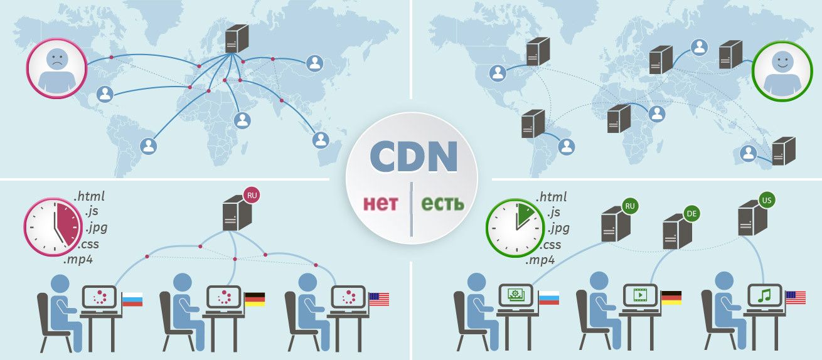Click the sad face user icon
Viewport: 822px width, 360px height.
[x=57, y=68]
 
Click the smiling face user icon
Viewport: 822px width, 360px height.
[x=782, y=71]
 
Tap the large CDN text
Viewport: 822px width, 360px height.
[x=414, y=157]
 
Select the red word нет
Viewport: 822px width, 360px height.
[x=380, y=203]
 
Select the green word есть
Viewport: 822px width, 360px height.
[x=442, y=203]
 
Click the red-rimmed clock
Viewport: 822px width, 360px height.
[x=53, y=227]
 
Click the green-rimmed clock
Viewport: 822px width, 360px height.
[x=516, y=228]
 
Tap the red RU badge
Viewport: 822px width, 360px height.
[x=252, y=195]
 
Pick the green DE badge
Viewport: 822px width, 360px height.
[x=691, y=214]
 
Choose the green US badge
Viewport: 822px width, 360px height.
[x=767, y=200]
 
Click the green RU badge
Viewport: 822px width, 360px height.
[x=630, y=206]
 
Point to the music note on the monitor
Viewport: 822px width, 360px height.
[x=764, y=295]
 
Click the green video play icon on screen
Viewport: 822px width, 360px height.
[x=640, y=295]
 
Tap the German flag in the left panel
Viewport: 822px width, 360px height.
[x=255, y=299]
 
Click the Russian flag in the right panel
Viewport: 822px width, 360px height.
[x=548, y=298]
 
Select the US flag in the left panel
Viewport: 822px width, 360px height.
[x=379, y=299]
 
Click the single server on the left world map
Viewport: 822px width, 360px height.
[x=237, y=38]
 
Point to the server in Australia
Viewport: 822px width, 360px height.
[x=784, y=151]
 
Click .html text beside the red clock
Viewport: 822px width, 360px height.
[x=89, y=196]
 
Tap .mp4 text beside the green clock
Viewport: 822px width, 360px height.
[x=540, y=260]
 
